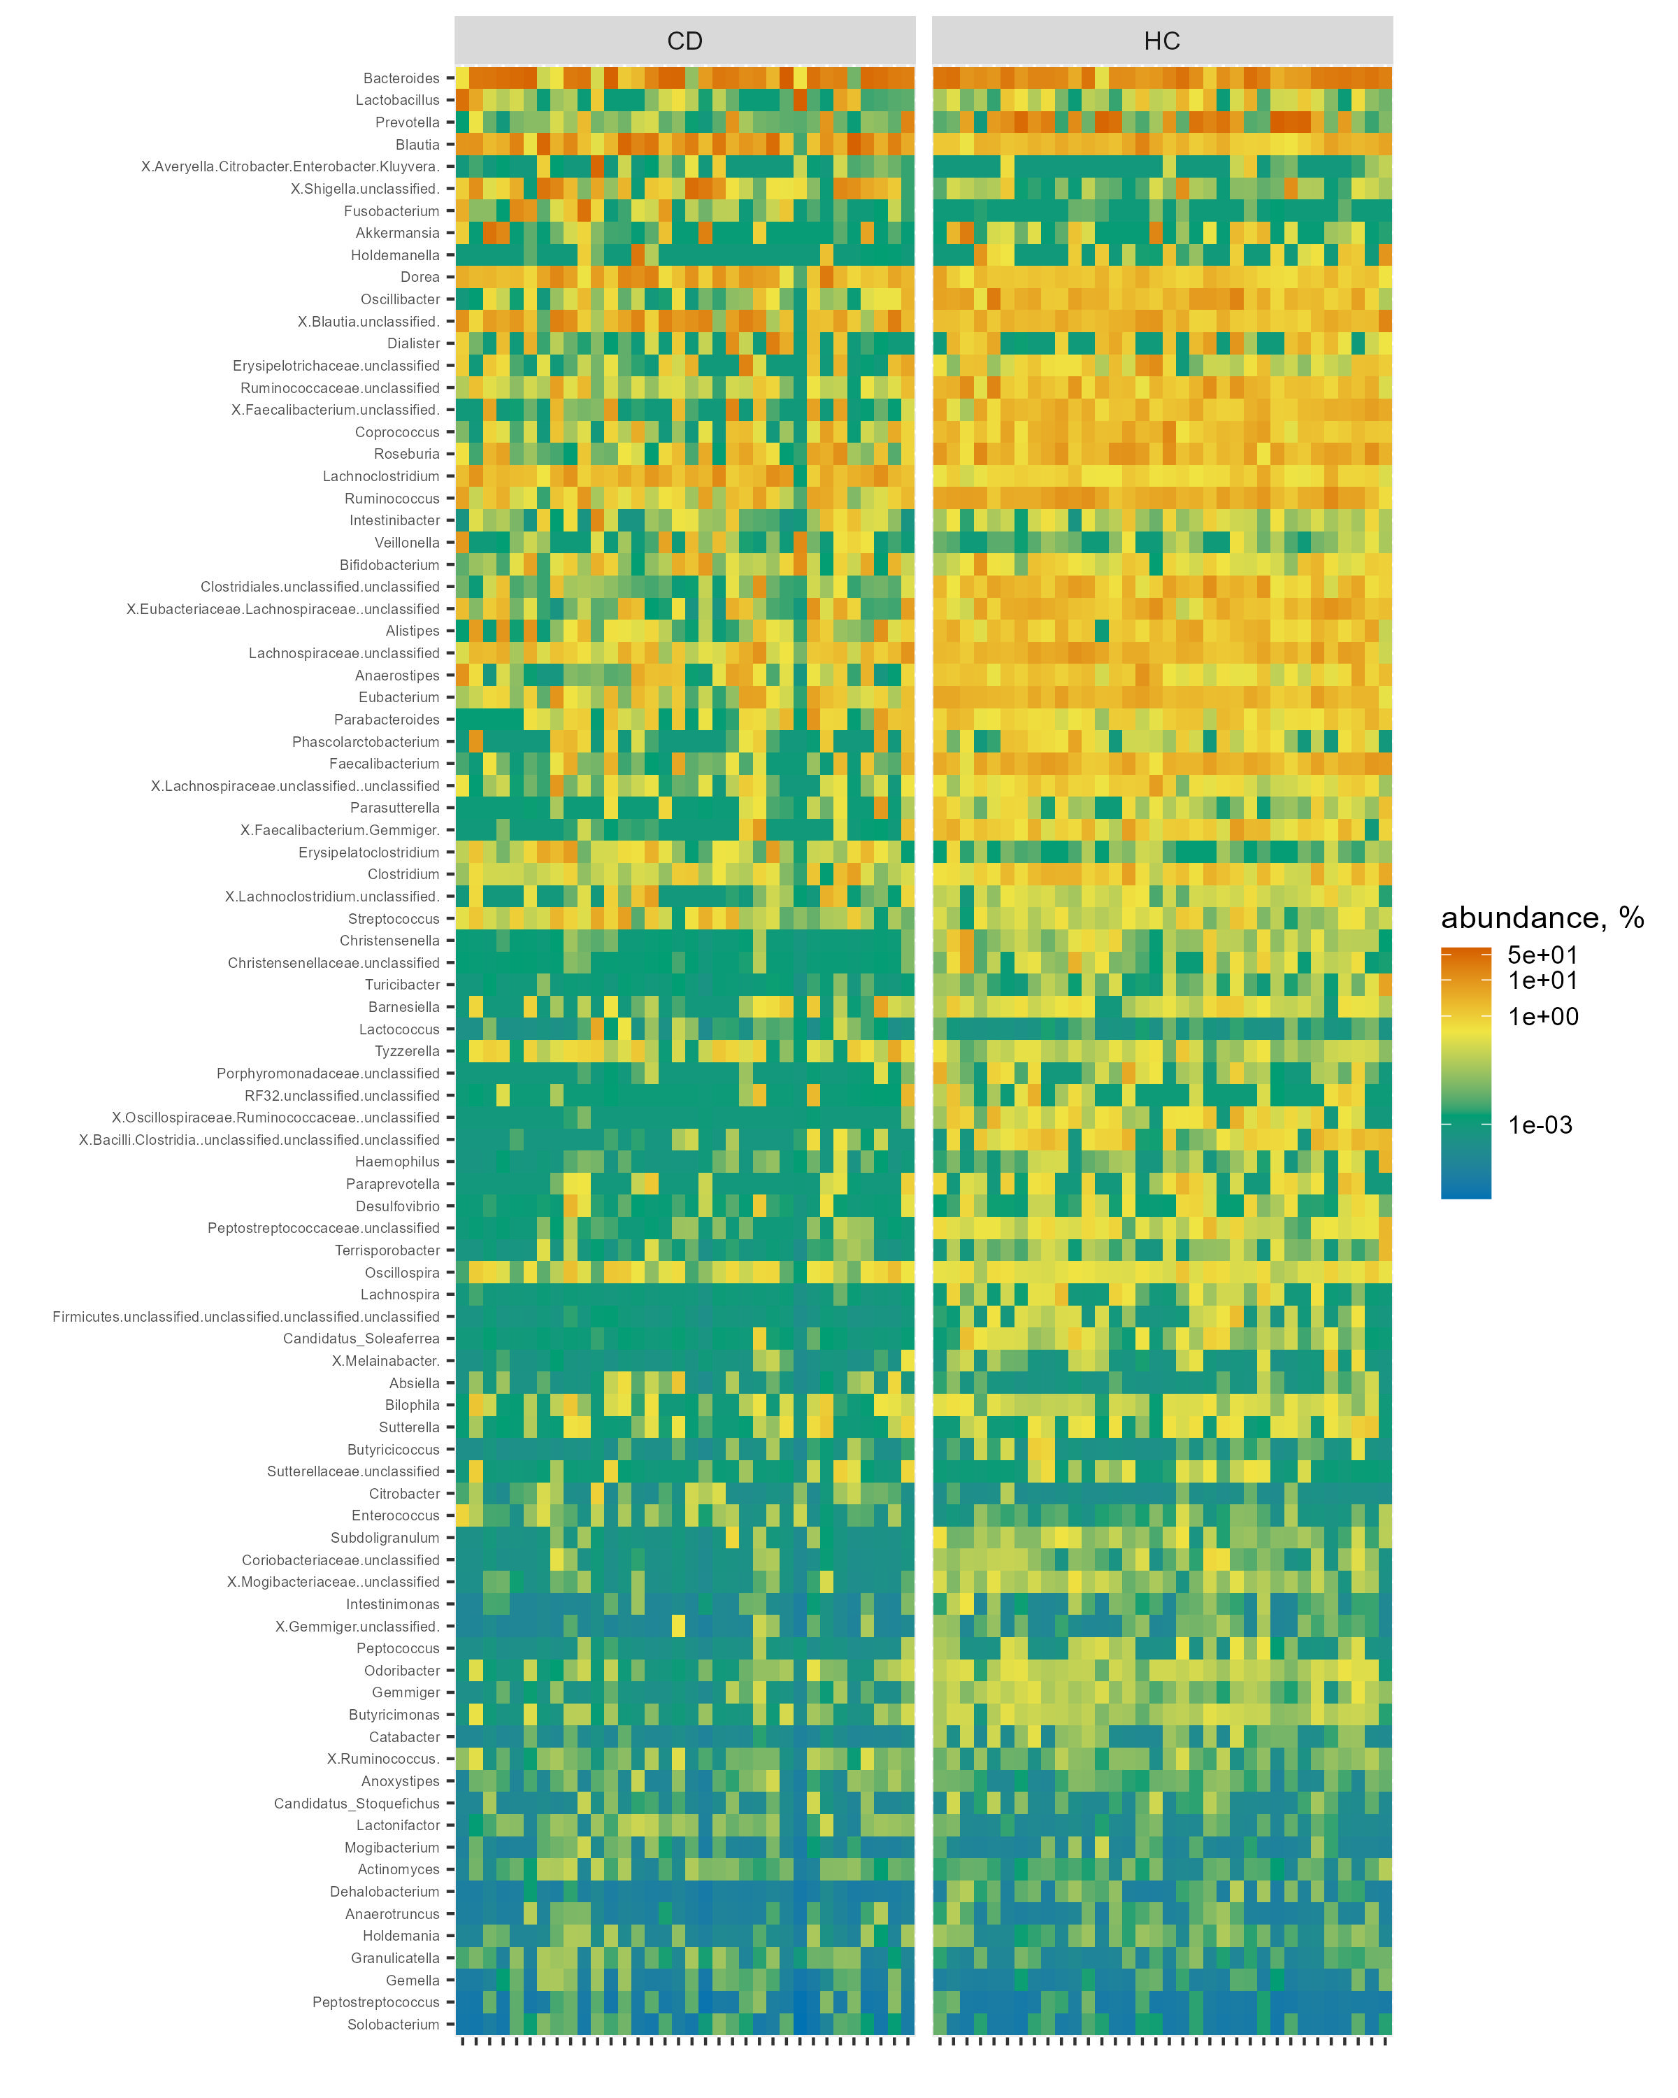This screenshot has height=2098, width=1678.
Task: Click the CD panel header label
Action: click(x=684, y=41)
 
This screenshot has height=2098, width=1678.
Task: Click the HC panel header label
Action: click(x=1161, y=41)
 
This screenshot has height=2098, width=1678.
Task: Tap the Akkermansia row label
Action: click(x=397, y=233)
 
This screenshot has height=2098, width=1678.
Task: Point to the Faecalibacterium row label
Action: click(x=385, y=764)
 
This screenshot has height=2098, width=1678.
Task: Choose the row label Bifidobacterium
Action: click(x=389, y=564)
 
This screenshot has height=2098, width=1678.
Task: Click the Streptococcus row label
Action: click(x=394, y=919)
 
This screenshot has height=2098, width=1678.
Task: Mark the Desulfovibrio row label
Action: click(x=397, y=1206)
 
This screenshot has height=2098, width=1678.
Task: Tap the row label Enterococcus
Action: click(x=396, y=1515)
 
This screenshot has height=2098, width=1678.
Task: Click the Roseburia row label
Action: click(x=407, y=453)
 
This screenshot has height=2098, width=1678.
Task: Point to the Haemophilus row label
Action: click(x=397, y=1162)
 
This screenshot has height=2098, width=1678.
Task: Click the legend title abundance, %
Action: click(x=1542, y=918)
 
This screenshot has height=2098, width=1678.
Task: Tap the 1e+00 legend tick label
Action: click(x=1543, y=1017)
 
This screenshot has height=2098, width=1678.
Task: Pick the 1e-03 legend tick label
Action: click(x=1540, y=1125)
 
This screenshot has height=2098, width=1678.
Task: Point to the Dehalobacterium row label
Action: click(x=385, y=1892)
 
